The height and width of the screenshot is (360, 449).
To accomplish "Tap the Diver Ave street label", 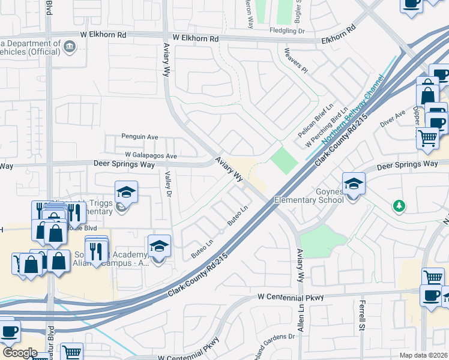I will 393,119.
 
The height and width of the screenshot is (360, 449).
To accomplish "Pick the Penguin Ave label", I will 139,137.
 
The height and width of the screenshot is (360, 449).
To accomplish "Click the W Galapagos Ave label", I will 151,155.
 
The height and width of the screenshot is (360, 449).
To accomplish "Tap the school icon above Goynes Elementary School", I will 354,183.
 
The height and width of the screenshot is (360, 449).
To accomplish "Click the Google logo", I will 20,352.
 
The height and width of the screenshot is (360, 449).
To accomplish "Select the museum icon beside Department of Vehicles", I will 69,46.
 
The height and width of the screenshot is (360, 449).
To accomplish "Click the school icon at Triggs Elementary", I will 127,192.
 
